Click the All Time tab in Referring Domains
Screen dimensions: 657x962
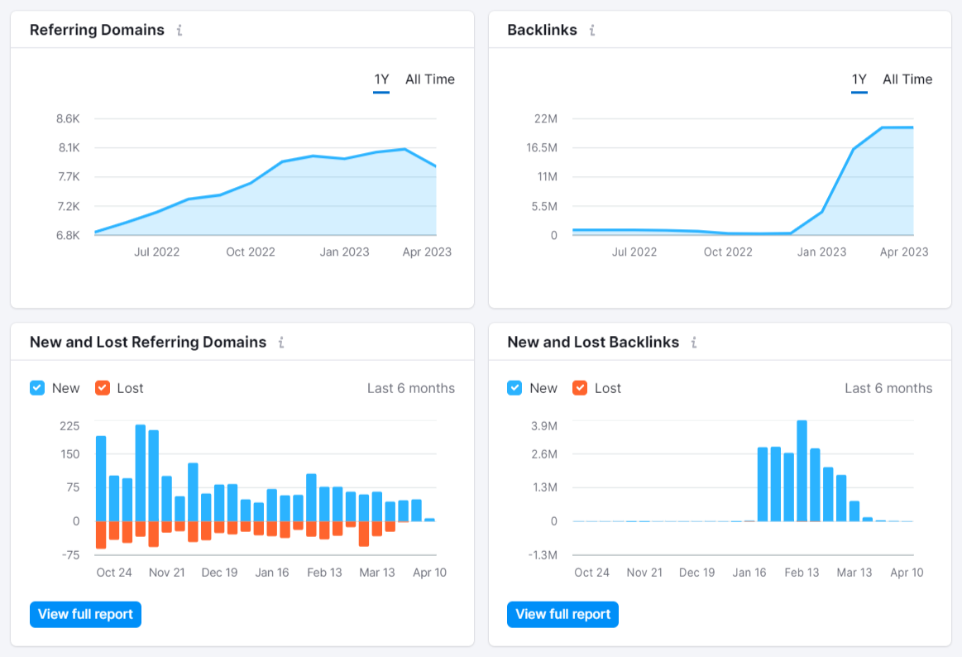429,79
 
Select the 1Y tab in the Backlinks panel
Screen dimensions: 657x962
859,79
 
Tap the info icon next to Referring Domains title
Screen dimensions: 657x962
179,31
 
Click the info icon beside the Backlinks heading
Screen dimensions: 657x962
592,31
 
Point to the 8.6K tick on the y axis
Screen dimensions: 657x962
68,119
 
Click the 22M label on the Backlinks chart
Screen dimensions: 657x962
546,119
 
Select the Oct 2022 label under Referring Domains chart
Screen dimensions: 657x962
250,252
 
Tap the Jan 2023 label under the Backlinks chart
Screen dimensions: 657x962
821,252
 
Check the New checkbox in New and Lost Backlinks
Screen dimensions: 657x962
515,388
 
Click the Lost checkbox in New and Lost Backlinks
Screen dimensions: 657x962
580,388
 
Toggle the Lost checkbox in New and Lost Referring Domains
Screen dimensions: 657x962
103,388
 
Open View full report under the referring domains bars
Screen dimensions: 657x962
85,614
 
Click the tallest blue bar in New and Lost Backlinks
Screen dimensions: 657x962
802,472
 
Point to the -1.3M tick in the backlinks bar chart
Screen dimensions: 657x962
542,555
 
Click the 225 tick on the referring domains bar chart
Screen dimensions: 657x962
69,425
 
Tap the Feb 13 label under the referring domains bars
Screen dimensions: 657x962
324,573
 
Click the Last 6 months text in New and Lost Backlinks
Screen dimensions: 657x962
888,388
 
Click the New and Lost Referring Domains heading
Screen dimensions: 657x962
148,343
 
